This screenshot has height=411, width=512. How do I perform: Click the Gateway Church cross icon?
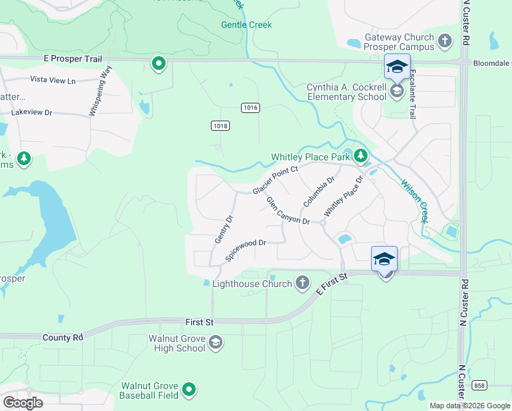click(446, 42)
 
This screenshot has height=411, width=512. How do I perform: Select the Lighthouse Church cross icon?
click(303, 283)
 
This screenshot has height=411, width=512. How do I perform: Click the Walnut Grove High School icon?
click(215, 342)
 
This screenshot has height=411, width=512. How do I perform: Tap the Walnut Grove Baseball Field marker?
click(189, 390)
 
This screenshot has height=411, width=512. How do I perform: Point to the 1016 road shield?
click(250, 108)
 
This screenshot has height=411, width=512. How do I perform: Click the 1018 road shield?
click(220, 125)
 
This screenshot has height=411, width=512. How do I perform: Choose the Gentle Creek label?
click(246, 25)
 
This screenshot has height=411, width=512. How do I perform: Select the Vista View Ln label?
click(52, 81)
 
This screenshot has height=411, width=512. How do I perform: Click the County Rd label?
click(62, 338)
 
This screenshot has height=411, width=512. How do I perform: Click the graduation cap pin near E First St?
click(385, 260)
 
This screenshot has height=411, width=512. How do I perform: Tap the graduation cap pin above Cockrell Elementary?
click(397, 67)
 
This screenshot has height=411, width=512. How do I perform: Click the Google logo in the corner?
click(23, 402)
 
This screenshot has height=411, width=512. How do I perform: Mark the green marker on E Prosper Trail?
click(159, 64)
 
